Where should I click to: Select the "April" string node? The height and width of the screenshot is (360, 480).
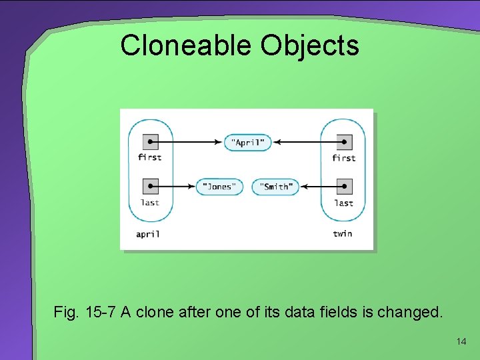pyautogui.click(x=247, y=142)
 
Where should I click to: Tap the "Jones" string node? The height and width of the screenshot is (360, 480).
pyautogui.click(x=219, y=187)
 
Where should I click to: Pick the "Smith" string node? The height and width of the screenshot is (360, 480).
pyautogui.click(x=275, y=187)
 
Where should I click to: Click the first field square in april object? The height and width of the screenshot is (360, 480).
pyautogui.click(x=150, y=141)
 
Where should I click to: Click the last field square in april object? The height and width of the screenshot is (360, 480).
pyautogui.click(x=150, y=186)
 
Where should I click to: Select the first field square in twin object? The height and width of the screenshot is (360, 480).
pyautogui.click(x=343, y=141)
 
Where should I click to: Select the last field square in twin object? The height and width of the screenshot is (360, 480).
pyautogui.click(x=343, y=186)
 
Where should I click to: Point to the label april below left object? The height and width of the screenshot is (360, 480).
pyautogui.click(x=148, y=234)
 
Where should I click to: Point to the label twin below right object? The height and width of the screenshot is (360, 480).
pyautogui.click(x=343, y=233)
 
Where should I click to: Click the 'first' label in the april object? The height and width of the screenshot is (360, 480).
pyautogui.click(x=150, y=157)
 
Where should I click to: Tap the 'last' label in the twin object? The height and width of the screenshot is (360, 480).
pyautogui.click(x=343, y=203)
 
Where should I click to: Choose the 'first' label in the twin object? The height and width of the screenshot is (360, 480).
pyautogui.click(x=343, y=158)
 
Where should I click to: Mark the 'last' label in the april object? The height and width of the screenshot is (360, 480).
pyautogui.click(x=150, y=203)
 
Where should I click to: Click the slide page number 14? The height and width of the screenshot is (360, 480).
pyautogui.click(x=461, y=341)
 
